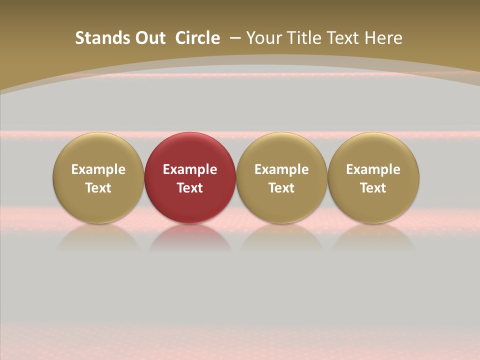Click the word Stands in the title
point(98,38)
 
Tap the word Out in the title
point(149,38)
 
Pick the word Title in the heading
point(301,38)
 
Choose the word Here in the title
point(382,38)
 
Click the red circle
point(190,150)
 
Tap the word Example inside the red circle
point(190,169)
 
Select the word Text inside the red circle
point(190,188)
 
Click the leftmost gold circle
point(98,150)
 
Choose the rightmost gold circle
point(373,150)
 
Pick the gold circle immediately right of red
point(281,150)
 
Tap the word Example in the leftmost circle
point(98,169)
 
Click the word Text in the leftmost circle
point(98,188)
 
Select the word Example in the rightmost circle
point(373,169)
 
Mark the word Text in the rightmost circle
point(373,188)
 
